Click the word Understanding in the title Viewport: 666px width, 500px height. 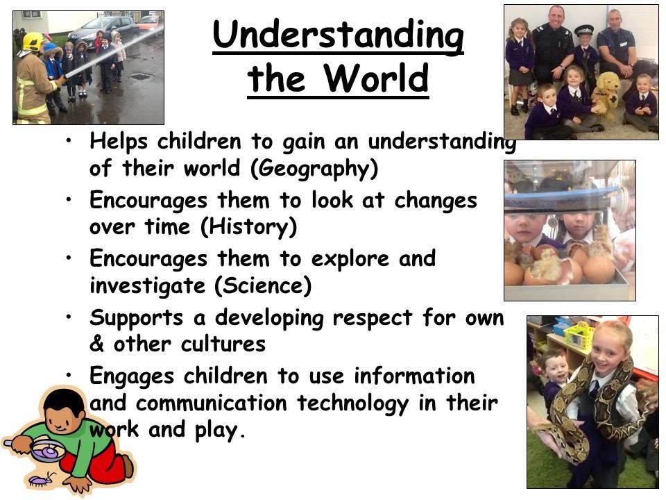point(338,37)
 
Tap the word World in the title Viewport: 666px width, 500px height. point(376,78)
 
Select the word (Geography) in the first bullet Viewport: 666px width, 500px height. point(314,169)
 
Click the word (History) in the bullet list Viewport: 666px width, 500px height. point(248,227)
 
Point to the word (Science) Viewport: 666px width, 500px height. point(263,285)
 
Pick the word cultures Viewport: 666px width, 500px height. point(223,344)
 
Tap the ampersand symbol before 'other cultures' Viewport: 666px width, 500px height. point(96,344)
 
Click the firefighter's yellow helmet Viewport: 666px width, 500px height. point(33,42)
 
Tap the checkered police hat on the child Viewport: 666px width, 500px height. point(583,30)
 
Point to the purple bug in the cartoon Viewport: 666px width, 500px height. point(41,480)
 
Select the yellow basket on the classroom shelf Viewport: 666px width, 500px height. point(578,335)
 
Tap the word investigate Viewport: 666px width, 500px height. point(147,285)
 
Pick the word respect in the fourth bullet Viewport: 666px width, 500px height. point(373,318)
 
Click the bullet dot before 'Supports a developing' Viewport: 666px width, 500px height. point(69,317)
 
